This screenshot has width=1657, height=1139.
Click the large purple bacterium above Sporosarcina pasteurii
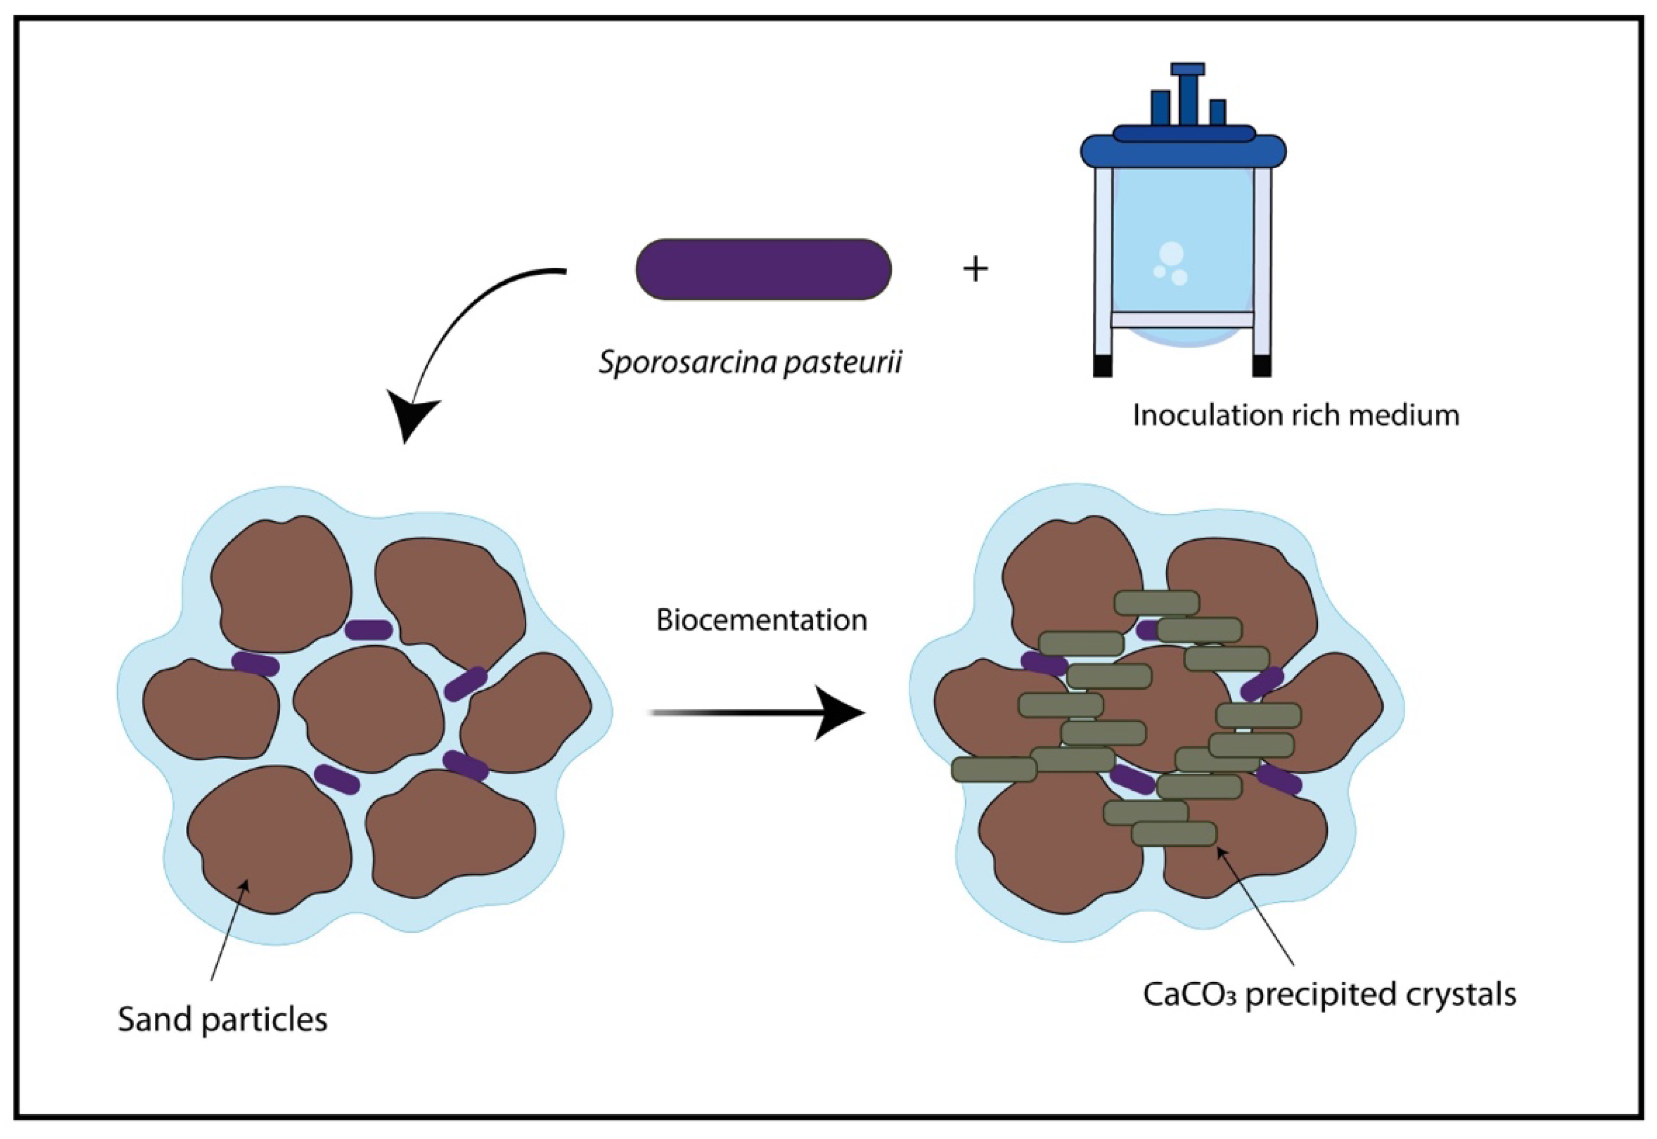[x=763, y=269]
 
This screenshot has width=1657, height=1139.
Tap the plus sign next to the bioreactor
[x=975, y=270]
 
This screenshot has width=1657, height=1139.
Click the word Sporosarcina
[x=687, y=363]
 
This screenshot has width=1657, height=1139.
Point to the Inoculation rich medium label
[x=1295, y=415]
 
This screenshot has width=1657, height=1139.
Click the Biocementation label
[x=761, y=620]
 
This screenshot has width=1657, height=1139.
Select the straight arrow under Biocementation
[x=757, y=713]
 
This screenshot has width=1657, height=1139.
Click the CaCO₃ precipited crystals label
[x=1329, y=994]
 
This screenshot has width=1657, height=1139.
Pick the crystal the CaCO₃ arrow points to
[x=1173, y=834]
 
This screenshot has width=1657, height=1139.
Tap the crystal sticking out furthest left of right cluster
[x=994, y=769]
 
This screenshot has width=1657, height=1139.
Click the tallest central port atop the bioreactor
[x=1187, y=93]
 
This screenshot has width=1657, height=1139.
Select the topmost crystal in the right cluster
[x=1156, y=603]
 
